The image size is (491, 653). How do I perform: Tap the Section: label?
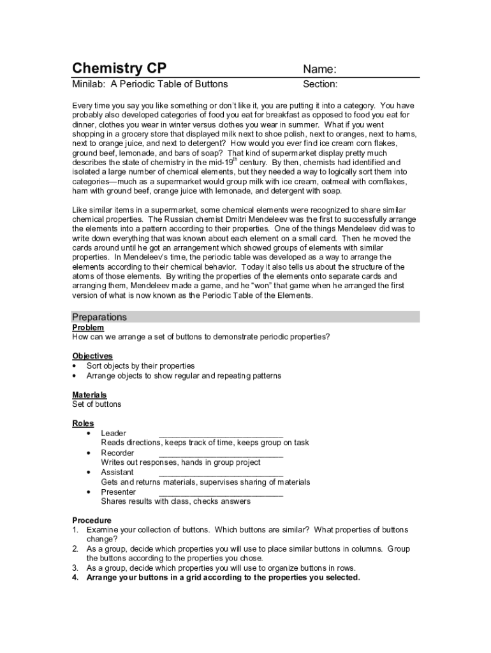[320, 84]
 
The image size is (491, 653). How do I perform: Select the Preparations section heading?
[99, 317]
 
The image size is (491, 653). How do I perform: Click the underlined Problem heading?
[88, 327]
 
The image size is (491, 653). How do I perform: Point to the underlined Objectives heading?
[92, 356]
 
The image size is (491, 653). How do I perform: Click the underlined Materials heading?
[89, 395]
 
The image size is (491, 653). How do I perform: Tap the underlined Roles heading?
[83, 423]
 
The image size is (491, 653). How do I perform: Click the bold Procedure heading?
[92, 520]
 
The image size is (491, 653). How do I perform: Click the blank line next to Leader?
[220, 435]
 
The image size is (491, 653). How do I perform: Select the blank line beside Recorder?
[220, 455]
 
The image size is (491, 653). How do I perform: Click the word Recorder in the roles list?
[117, 453]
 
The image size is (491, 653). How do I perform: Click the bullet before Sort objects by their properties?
[75, 366]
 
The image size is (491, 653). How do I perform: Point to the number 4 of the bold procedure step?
[75, 578]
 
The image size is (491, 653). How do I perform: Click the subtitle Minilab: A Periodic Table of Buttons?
[150, 84]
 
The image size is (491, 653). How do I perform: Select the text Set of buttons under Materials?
[96, 404]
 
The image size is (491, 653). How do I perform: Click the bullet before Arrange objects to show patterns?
[75, 376]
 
